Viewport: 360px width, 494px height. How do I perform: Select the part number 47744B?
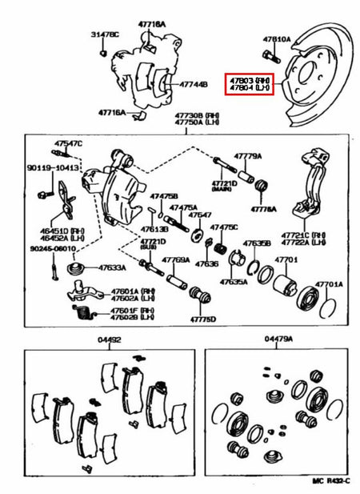(193, 83)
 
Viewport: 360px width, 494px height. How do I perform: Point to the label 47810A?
(278, 38)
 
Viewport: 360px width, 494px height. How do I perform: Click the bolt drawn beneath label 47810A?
(267, 55)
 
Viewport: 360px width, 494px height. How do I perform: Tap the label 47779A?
(248, 156)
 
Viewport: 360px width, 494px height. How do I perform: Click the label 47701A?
(328, 283)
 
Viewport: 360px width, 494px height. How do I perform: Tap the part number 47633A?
(114, 268)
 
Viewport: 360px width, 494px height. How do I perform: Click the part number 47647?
(200, 215)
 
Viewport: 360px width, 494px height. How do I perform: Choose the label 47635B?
(258, 243)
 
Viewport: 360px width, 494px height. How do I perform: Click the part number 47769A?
(175, 259)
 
